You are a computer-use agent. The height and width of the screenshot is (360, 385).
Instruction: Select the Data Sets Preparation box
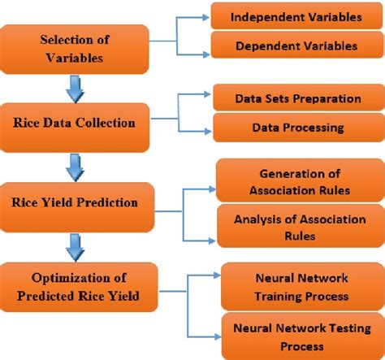click(x=297, y=98)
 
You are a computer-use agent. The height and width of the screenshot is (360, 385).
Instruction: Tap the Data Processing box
click(x=297, y=128)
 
